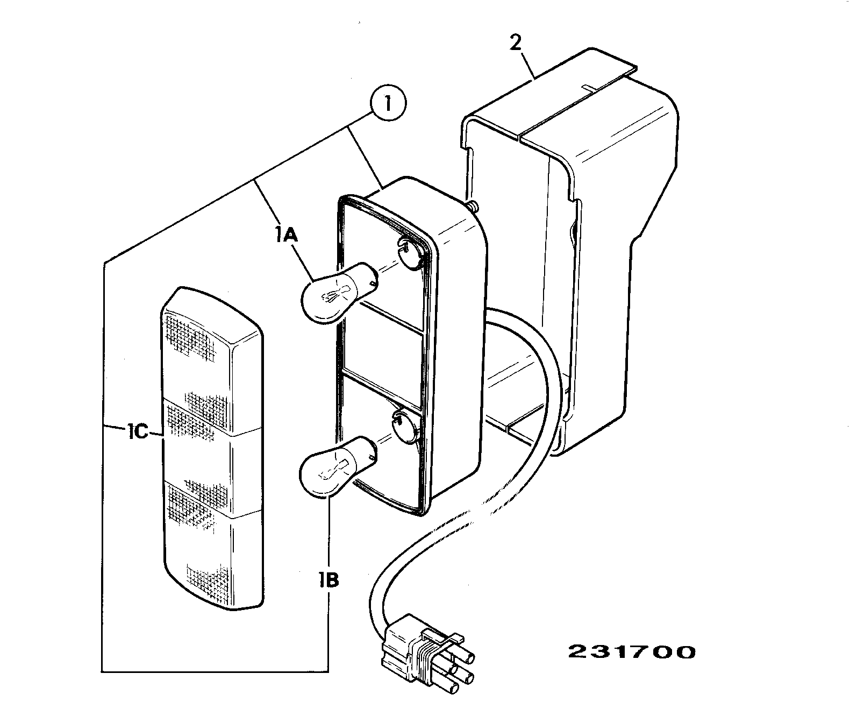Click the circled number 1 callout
(388, 103)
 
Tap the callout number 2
(515, 42)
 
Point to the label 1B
(329, 580)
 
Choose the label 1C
(138, 432)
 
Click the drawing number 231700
(632, 652)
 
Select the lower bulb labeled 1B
(337, 466)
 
